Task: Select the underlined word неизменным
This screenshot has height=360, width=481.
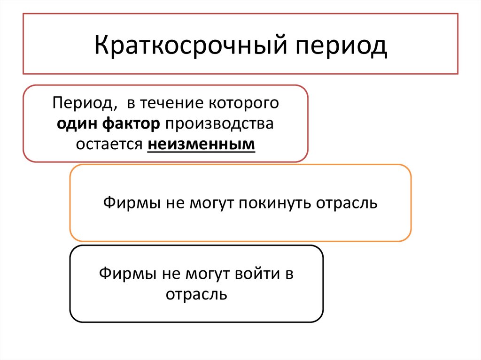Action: coord(202,144)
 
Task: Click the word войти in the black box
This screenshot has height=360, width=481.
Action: coord(253,274)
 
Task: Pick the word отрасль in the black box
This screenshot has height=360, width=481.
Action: coord(196,294)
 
